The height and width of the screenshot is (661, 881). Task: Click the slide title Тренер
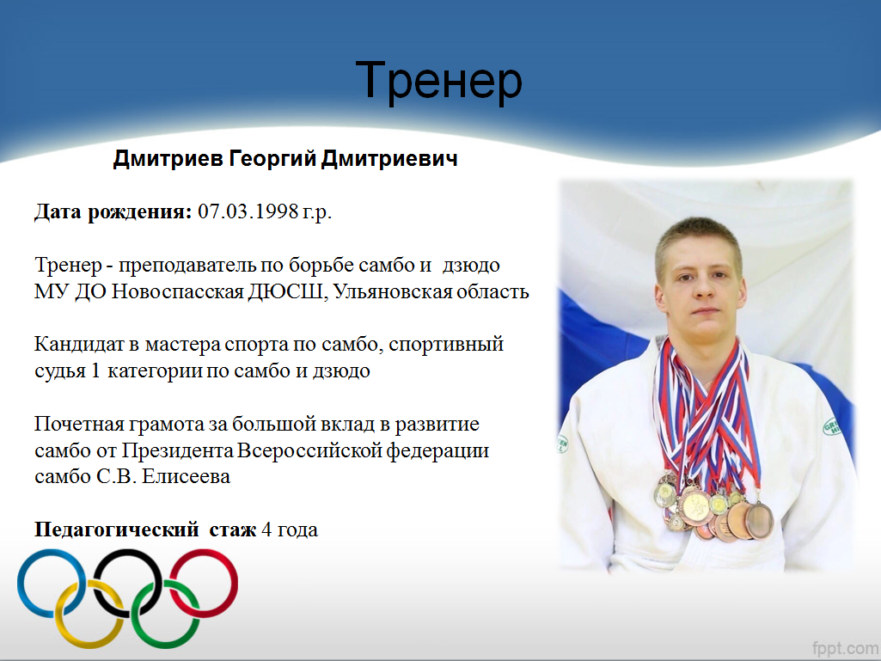pyautogui.click(x=439, y=81)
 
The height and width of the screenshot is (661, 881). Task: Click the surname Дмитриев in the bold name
pyautogui.click(x=168, y=159)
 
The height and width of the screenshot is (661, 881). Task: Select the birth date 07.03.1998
pyautogui.click(x=248, y=211)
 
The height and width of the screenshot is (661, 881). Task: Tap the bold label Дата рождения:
pyautogui.click(x=113, y=212)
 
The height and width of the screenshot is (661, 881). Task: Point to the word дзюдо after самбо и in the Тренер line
pyautogui.click(x=471, y=266)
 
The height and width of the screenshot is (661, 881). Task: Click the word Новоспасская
pyautogui.click(x=177, y=292)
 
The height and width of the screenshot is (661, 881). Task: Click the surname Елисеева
pyautogui.click(x=186, y=477)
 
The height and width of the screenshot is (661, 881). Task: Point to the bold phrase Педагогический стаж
pyautogui.click(x=145, y=530)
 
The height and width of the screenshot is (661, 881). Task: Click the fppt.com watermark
pyautogui.click(x=845, y=647)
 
